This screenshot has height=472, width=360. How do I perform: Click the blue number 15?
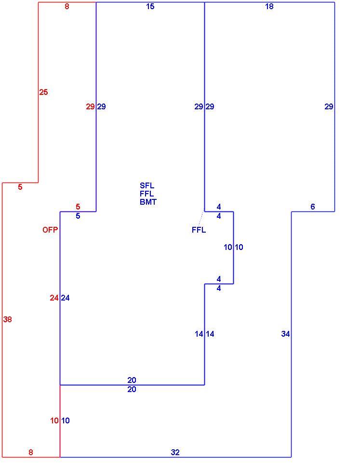pyautogui.click(x=150, y=6)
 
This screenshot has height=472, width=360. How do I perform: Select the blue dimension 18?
pyautogui.click(x=269, y=6)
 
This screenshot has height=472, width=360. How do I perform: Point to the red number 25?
pyautogui.click(x=43, y=92)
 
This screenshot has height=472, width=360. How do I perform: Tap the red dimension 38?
pyautogui.click(x=8, y=319)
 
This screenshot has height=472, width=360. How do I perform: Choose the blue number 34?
pyautogui.click(x=286, y=334)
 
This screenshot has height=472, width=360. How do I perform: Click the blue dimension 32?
pyautogui.click(x=175, y=452)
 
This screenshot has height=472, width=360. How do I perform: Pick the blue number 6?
pyautogui.click(x=313, y=207)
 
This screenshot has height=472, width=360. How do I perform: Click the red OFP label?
pyautogui.click(x=50, y=230)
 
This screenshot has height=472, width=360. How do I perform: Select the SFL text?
pyautogui.click(x=147, y=185)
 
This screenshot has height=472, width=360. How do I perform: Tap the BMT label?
pyautogui.click(x=148, y=202)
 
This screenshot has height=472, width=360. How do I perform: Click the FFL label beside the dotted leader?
pyautogui.click(x=199, y=230)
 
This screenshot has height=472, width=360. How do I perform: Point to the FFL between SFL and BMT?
pyautogui.click(x=147, y=194)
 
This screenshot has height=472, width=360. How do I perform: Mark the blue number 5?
pyautogui.click(x=78, y=216)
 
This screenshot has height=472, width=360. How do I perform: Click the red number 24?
pyautogui.click(x=54, y=298)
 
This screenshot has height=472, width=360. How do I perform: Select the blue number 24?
pyautogui.click(x=66, y=298)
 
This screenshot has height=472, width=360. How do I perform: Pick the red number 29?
pyautogui.click(x=91, y=106)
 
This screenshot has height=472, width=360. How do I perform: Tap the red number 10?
pyautogui.click(x=54, y=420)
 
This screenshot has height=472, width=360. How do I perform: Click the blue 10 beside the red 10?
pyautogui.click(x=66, y=420)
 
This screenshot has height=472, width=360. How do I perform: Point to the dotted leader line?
pyautogui.click(x=201, y=218)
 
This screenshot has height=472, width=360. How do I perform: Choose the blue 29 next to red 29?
pyautogui.click(x=102, y=106)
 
